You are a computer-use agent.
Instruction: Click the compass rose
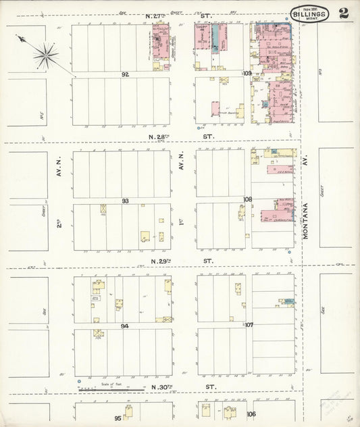tap(45, 55)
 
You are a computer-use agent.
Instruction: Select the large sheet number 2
tap(344, 14)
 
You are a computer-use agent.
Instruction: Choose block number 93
tap(125, 201)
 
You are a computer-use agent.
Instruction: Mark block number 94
tap(125, 326)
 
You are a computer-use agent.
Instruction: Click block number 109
tap(247, 73)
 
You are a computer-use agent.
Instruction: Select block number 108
tap(247, 199)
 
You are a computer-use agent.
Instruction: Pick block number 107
tap(248, 324)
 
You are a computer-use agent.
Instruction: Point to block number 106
tap(251, 413)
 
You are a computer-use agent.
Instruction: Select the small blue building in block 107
tap(288, 301)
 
